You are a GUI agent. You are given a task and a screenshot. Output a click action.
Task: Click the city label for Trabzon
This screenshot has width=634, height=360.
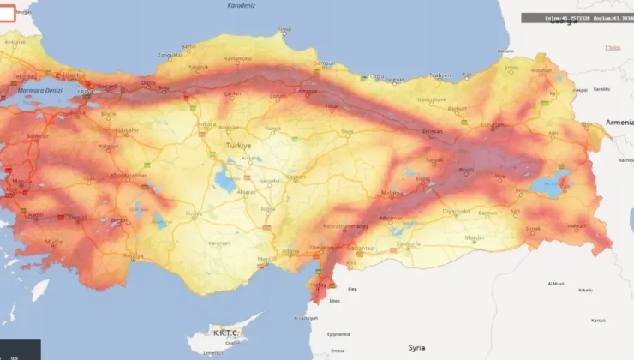pos(440,75)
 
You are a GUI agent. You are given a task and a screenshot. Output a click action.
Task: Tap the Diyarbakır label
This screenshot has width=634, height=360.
pos(456,210)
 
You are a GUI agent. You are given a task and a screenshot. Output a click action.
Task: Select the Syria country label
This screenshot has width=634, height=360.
pos(417,347)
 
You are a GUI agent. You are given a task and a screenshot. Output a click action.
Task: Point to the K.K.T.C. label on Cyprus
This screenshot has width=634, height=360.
pos(221,330)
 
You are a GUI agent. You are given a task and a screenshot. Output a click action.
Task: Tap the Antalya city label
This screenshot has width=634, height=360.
pos(133,255)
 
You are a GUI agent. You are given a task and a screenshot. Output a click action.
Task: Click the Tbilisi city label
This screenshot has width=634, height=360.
pos(613,48)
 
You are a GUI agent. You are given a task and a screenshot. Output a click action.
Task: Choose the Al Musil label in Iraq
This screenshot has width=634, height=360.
pos(556,284)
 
